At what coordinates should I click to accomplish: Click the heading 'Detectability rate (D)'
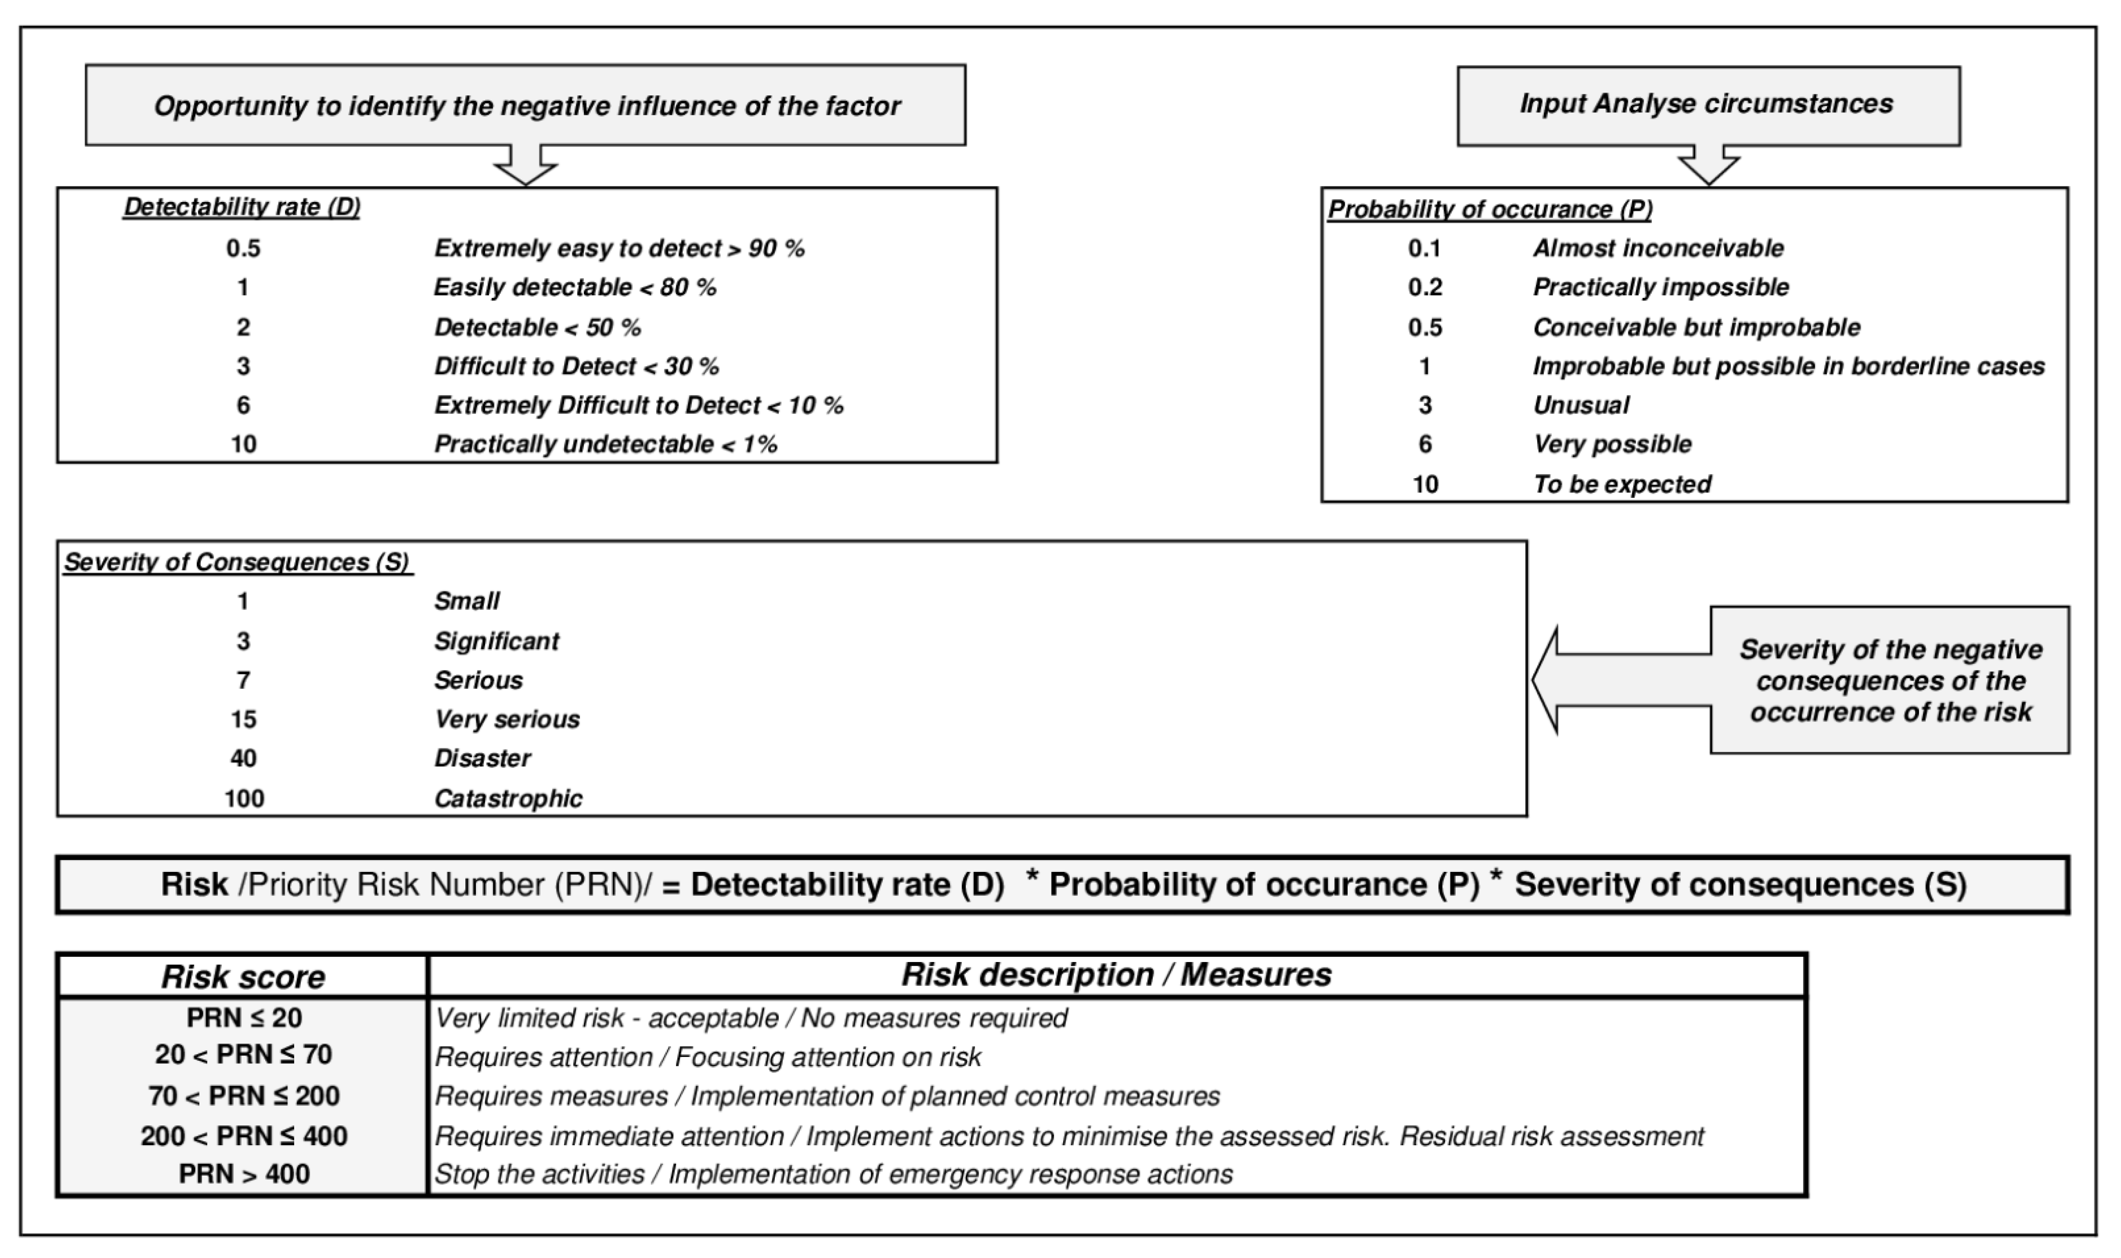click(242, 208)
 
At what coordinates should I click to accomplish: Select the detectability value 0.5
click(243, 248)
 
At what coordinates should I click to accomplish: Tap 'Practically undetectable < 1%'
click(605, 444)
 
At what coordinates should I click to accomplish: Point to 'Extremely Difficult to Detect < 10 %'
click(638, 405)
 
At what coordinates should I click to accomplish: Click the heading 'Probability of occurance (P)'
click(1489, 209)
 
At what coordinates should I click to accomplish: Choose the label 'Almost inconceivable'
click(1658, 248)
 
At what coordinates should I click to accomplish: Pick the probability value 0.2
click(1425, 287)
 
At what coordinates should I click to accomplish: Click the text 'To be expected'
click(1621, 484)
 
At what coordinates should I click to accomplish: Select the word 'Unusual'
click(1581, 405)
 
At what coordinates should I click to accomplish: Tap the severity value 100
click(243, 799)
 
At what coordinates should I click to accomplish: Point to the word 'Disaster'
click(482, 758)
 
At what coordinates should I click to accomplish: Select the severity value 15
click(243, 719)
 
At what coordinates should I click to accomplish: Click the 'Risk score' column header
click(243, 977)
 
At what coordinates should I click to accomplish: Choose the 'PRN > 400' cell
click(243, 1174)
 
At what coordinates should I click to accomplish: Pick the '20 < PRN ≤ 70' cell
click(243, 1055)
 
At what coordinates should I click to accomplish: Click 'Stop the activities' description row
click(833, 1174)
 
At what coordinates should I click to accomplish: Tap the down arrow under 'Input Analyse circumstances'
click(1708, 165)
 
